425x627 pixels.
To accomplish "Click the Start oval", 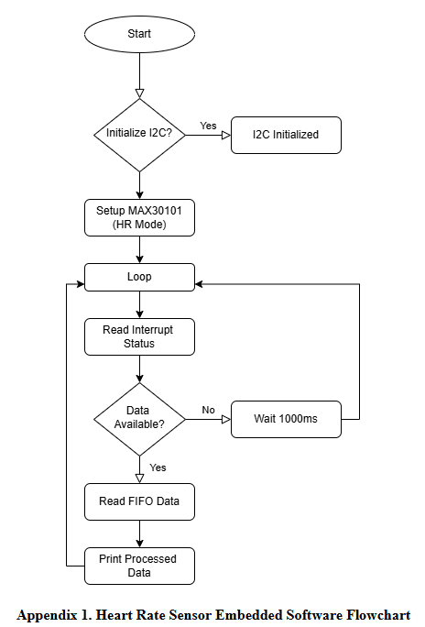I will (x=139, y=34).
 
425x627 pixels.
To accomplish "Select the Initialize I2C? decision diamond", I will (x=139, y=135).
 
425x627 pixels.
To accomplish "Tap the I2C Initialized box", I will (x=286, y=135).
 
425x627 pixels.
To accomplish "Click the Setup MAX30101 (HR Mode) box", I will (x=139, y=217).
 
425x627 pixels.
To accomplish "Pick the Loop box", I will (x=139, y=277).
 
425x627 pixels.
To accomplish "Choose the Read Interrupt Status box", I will (x=139, y=336).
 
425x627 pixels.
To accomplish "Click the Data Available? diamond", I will (x=139, y=419).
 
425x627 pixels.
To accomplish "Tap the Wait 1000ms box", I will (x=286, y=419).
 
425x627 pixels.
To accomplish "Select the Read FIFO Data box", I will (x=139, y=501).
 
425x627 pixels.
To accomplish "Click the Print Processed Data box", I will (x=139, y=566).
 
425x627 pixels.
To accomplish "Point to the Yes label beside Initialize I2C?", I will (x=209, y=126).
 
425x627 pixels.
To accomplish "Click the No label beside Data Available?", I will (x=209, y=410).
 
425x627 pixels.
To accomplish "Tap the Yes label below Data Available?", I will (x=158, y=467).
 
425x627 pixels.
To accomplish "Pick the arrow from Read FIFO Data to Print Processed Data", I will (x=139, y=533).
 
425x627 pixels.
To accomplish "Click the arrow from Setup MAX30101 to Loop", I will (x=139, y=249).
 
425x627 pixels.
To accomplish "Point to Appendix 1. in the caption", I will (x=51, y=614).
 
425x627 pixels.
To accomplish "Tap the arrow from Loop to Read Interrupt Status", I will (x=139, y=304).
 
